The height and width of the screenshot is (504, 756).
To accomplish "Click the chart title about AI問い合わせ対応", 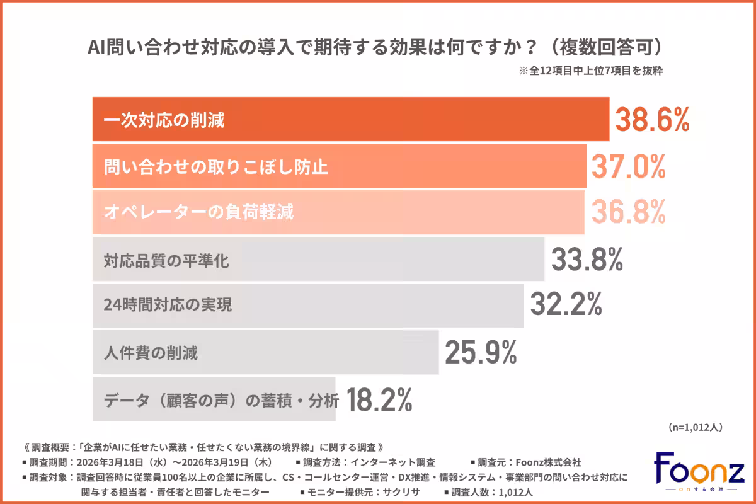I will click(x=376, y=49).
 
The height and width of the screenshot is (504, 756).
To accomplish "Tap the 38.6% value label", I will click(x=652, y=119).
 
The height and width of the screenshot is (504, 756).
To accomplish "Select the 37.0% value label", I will click(x=628, y=166).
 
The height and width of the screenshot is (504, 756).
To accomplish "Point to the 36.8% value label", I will click(x=628, y=212).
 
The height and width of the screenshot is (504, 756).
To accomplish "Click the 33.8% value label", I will click(x=587, y=259).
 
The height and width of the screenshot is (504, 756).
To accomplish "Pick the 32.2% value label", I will click(x=565, y=306).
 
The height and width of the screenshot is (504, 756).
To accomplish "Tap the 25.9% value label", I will click(x=481, y=352).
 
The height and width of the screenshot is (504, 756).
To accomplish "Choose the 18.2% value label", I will click(x=379, y=399).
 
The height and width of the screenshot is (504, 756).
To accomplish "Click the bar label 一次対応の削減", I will click(x=164, y=120).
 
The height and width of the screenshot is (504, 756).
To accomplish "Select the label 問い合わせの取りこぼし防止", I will click(x=215, y=167).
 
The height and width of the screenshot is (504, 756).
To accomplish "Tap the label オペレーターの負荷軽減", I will click(x=198, y=213).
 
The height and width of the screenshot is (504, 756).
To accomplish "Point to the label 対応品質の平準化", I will click(x=166, y=260).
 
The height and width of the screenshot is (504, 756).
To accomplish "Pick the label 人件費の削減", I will click(x=151, y=353).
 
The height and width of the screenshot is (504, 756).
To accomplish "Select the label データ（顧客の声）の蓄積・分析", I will click(x=221, y=399).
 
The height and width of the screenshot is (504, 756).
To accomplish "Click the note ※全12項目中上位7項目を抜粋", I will click(x=590, y=72).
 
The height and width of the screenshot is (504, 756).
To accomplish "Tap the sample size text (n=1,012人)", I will click(x=695, y=427).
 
